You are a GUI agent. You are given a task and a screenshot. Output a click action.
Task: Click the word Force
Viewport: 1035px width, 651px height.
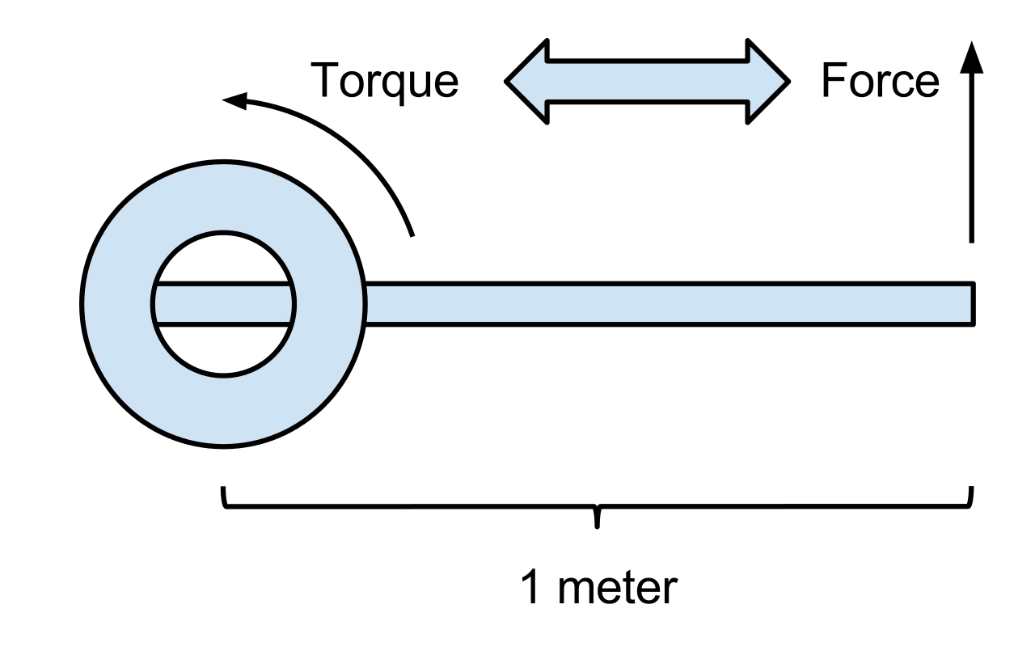pos(880,82)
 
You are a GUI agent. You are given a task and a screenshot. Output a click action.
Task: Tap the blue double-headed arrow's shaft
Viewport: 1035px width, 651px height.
pos(647,82)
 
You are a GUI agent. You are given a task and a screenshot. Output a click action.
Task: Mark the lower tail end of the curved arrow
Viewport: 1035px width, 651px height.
pos(412,235)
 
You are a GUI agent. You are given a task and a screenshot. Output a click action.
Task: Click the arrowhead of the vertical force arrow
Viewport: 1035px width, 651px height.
pos(972,57)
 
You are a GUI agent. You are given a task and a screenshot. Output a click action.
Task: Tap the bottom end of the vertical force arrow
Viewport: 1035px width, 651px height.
pos(972,240)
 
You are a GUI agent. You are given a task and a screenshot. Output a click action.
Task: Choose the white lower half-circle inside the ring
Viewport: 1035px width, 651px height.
pos(223,349)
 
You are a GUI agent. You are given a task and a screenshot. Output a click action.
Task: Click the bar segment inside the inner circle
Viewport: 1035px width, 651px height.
pos(223,304)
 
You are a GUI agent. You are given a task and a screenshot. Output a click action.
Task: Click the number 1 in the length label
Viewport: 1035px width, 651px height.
pos(531,588)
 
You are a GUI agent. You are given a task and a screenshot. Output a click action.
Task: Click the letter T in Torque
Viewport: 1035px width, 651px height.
pos(325,81)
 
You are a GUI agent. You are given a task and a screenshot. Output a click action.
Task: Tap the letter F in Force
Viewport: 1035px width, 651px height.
pos(832,81)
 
